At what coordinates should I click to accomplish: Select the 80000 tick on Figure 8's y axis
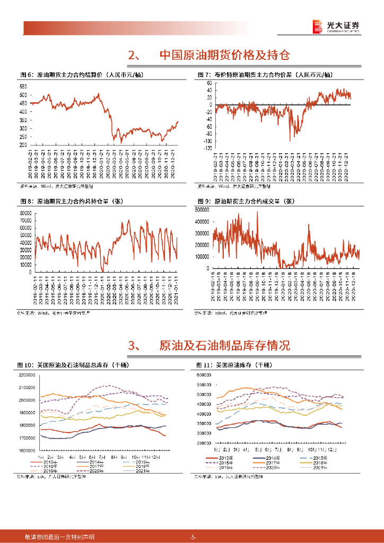click(25, 213)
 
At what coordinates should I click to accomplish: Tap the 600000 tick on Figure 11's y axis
click(204, 375)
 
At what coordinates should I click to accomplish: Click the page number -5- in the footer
click(193, 537)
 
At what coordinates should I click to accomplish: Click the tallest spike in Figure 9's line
click(257, 213)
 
